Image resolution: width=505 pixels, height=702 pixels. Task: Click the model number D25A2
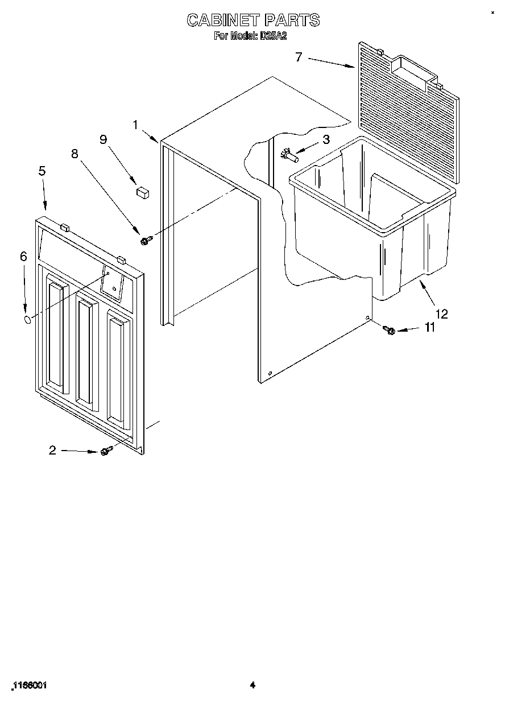click(x=273, y=36)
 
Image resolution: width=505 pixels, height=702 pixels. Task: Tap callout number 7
click(x=299, y=56)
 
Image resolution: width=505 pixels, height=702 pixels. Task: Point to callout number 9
click(x=104, y=139)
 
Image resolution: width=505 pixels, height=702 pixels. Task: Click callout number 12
click(x=441, y=313)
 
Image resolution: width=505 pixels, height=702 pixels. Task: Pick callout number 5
click(x=42, y=171)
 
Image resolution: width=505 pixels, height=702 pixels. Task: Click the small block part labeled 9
click(x=142, y=192)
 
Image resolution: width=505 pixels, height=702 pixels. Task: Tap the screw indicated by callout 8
click(x=144, y=241)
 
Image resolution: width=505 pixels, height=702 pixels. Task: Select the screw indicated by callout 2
click(x=105, y=451)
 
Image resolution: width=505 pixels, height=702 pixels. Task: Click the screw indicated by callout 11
click(x=390, y=329)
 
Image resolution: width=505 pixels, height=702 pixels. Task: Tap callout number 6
click(x=23, y=257)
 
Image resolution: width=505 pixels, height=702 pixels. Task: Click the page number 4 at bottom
click(x=252, y=686)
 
